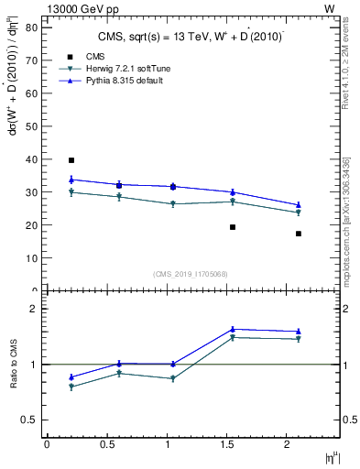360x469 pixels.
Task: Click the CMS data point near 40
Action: [71, 160]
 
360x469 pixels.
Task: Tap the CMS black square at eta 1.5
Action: [233, 227]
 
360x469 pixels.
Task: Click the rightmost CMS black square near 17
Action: [299, 234]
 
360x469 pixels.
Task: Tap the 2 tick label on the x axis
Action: [289, 444]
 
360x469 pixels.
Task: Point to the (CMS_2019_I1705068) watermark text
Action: [191, 273]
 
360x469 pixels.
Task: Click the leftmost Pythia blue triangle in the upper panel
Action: [71, 179]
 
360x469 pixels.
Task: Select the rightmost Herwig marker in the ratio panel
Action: [299, 339]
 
